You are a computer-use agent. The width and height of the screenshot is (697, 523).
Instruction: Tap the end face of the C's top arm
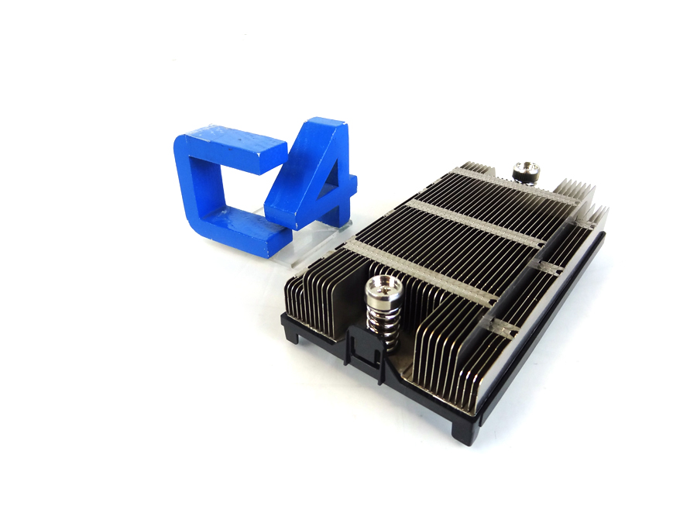[273, 155]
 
